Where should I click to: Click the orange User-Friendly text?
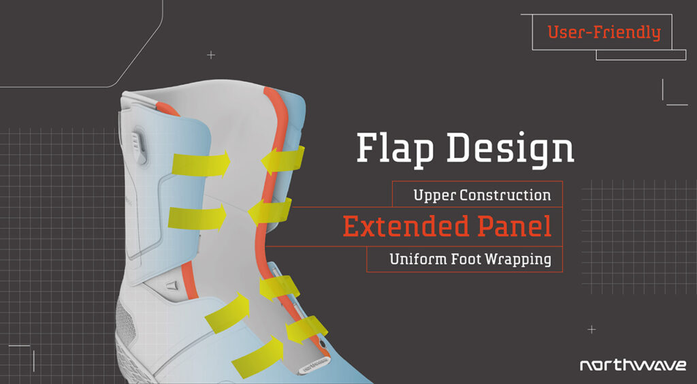click(604, 32)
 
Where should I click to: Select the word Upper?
click(434, 195)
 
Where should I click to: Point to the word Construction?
click(505, 195)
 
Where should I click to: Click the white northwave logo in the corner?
click(632, 366)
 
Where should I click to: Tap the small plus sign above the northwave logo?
click(591, 330)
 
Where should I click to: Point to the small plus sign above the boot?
click(211, 54)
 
